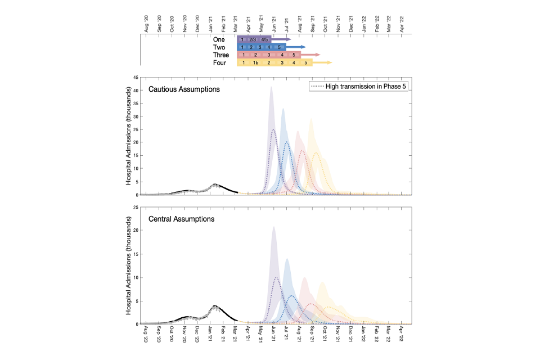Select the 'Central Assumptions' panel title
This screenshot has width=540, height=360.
click(181, 219)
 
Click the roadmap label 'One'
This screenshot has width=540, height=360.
click(219, 39)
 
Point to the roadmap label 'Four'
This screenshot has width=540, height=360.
click(219, 63)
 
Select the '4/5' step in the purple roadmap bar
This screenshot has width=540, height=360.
click(265, 39)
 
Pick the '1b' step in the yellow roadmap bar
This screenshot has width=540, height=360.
click(255, 63)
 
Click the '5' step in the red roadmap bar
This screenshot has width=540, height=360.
click(294, 55)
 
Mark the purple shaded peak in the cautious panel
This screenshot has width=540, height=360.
click(271, 88)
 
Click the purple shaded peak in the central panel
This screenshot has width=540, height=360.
click(273, 227)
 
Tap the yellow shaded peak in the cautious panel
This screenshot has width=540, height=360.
click(310, 119)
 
